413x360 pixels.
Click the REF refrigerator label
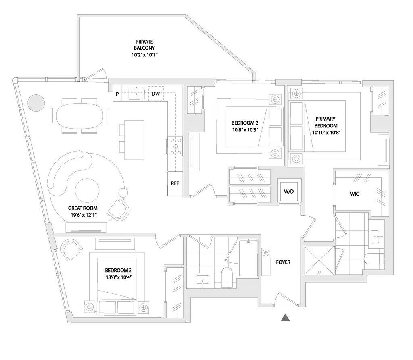point(175,183)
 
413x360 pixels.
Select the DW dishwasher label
point(156,94)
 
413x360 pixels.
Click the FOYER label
point(283,262)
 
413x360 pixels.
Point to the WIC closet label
point(355,194)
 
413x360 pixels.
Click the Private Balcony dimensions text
point(144,55)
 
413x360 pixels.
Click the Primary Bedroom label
point(326,122)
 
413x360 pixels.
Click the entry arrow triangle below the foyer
point(285,318)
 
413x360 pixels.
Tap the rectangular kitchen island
point(134,139)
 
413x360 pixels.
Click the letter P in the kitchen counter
point(117,94)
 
